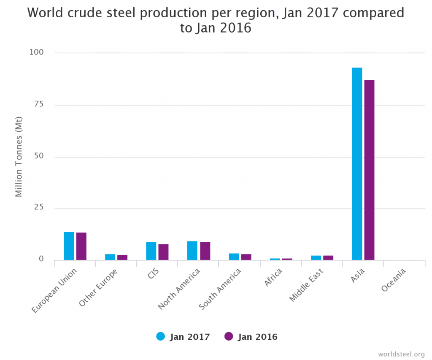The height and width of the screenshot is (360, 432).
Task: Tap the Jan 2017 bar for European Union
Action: click(69, 246)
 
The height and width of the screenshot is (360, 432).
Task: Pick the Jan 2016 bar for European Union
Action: click(81, 246)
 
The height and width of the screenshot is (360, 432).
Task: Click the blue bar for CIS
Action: click(151, 251)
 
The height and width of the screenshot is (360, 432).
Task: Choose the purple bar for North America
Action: click(205, 251)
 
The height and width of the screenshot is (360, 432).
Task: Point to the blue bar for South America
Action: click(234, 257)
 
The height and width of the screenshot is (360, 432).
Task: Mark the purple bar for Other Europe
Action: click(122, 257)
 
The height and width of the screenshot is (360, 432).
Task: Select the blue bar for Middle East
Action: click(316, 257)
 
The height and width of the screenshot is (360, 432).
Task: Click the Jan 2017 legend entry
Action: click(183, 336)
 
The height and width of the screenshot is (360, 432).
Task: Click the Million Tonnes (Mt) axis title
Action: click(19, 157)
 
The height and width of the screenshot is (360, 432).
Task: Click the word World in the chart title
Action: click(44, 13)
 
